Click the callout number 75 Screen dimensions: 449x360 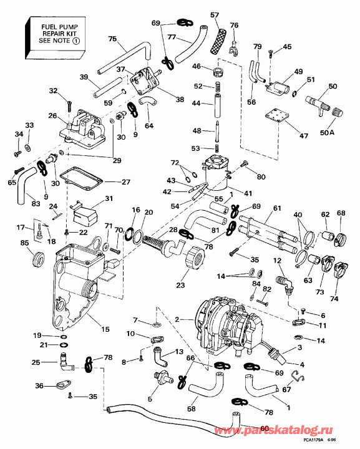112,39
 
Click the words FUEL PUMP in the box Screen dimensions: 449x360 49,27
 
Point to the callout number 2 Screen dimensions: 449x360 177,319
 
